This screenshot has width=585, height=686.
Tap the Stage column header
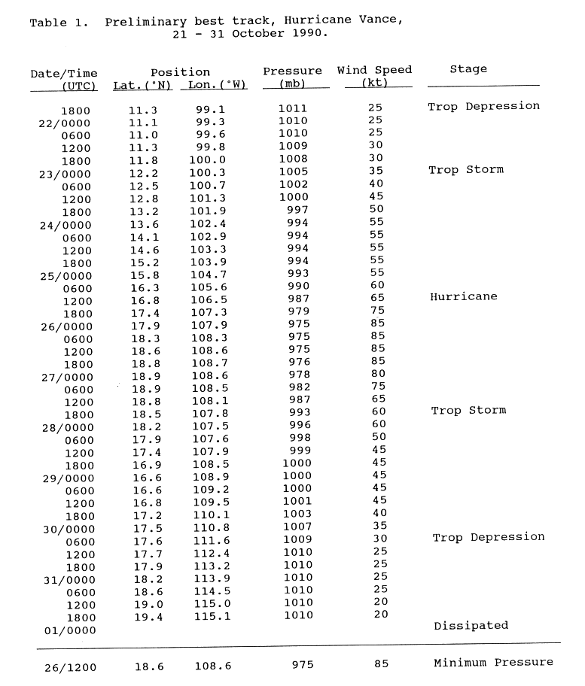click(x=468, y=69)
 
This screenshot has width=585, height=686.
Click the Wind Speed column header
click(x=374, y=70)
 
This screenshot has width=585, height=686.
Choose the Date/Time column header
click(x=64, y=73)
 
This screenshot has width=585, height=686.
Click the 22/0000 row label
click(x=65, y=123)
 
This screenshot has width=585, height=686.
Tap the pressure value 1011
click(x=293, y=108)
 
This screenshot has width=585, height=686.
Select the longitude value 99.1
click(x=211, y=110)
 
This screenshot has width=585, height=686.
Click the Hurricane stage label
click(x=464, y=297)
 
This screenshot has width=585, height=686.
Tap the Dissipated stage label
click(x=471, y=626)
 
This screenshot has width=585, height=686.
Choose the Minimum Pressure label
click(x=493, y=663)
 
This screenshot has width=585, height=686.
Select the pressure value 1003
click(x=296, y=515)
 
